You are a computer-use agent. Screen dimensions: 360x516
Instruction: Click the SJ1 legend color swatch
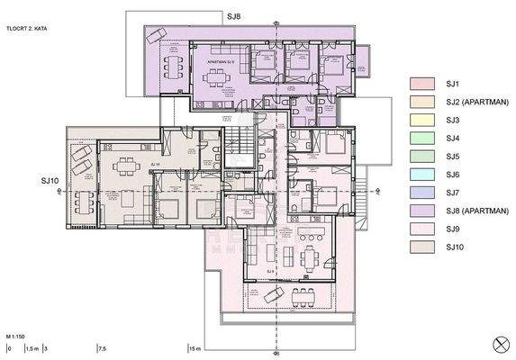pos(426,84)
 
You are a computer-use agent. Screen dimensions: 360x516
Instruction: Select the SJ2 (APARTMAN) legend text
pos(474,102)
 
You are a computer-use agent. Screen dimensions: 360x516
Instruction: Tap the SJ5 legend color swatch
pos(426,157)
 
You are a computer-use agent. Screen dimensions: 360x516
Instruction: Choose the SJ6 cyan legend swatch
pos(426,175)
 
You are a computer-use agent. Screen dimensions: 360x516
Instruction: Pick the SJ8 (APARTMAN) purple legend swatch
pos(426,211)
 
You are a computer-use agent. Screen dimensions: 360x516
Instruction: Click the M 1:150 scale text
pos(17,334)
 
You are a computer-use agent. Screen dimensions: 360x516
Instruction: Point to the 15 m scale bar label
pos(195,348)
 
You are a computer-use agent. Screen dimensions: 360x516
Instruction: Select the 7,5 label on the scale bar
pos(103,348)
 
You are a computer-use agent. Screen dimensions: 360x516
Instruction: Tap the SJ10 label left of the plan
pos(50,181)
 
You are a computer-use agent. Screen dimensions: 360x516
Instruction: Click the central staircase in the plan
pos(239,144)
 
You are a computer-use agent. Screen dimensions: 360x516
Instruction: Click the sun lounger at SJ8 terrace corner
pos(157,34)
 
